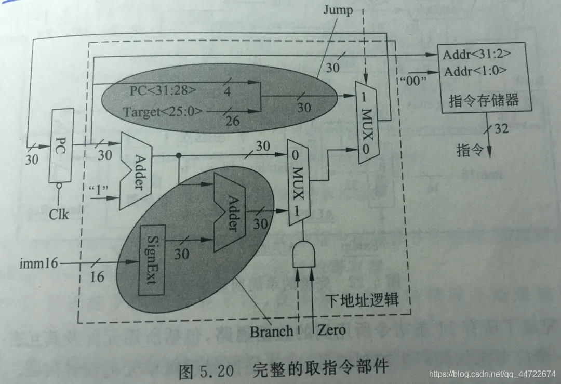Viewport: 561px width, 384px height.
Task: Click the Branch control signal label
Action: click(x=271, y=330)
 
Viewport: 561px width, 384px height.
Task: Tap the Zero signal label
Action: click(x=331, y=329)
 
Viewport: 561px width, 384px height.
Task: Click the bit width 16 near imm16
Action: click(x=97, y=276)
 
